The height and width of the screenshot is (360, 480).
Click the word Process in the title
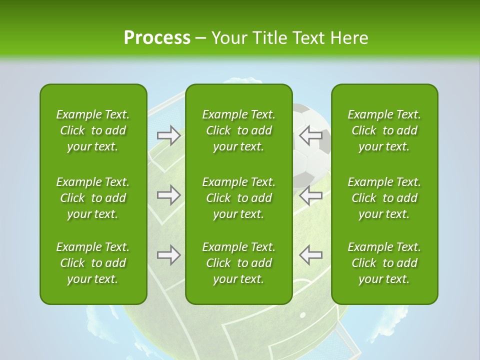[x=157, y=37]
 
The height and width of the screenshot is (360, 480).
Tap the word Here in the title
[x=349, y=37]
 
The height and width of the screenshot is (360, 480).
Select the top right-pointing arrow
[x=168, y=135]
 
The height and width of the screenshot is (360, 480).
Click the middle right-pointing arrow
[x=168, y=195]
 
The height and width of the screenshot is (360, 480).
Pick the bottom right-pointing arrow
[x=168, y=255]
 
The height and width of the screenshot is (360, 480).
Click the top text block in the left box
[x=93, y=130]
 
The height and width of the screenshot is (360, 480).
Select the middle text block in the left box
[x=93, y=198]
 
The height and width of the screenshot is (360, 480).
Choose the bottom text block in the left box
[x=93, y=263]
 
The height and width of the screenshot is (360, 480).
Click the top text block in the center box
[x=239, y=130]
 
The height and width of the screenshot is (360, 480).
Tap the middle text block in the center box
[x=239, y=198]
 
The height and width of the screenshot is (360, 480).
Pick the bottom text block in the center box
[x=239, y=263]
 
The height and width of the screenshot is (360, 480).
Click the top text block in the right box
[x=384, y=130]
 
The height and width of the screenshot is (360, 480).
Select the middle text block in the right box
[x=384, y=198]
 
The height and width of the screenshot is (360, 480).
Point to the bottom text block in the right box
[x=384, y=263]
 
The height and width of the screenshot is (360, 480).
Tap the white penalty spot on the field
[x=302, y=315]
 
